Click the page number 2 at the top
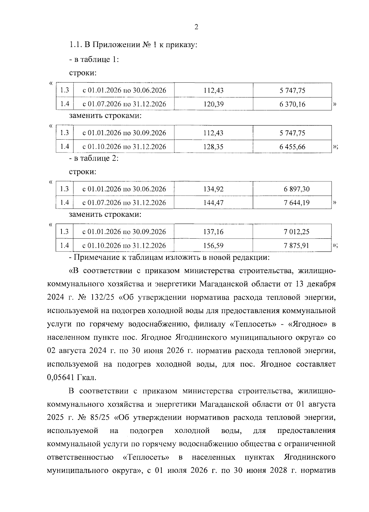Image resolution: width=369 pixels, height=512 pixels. click(x=196, y=27)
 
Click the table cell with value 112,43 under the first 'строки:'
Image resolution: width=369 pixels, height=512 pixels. click(x=213, y=90)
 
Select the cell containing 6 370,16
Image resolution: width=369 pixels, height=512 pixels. click(x=292, y=104)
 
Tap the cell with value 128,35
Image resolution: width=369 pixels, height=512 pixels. click(x=213, y=147)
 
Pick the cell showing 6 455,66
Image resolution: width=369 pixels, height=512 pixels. click(x=292, y=147)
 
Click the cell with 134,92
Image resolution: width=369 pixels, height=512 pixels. click(x=213, y=189)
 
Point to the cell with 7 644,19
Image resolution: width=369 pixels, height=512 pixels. click(x=292, y=203)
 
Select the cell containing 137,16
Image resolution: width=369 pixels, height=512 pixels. click(x=213, y=232)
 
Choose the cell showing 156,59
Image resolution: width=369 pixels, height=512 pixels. click(x=213, y=245)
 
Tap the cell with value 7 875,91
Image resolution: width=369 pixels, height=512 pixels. click(x=292, y=245)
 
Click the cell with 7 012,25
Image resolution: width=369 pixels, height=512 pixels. click(x=292, y=232)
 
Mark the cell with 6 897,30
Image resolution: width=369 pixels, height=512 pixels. click(x=292, y=189)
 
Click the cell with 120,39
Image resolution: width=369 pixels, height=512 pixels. click(x=213, y=104)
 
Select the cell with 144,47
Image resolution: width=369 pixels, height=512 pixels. click(x=213, y=203)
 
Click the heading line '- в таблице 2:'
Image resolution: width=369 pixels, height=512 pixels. click(x=94, y=158)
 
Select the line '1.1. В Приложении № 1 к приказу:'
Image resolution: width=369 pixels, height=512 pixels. click(x=133, y=45)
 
